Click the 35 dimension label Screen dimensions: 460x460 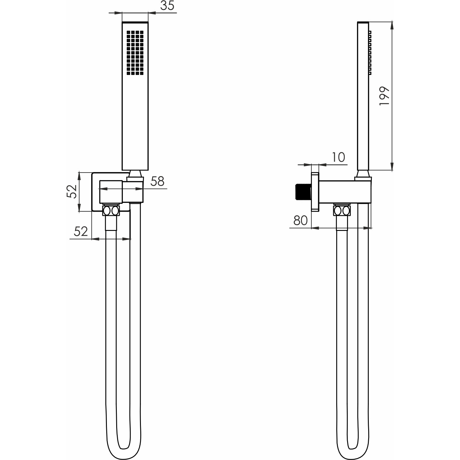pos(167,6)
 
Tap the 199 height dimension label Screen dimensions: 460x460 pos(384,96)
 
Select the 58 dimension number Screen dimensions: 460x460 pos(157,181)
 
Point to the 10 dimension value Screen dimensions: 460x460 pos(338,157)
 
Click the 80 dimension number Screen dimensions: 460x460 pos(300,221)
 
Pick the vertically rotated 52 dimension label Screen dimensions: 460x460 pos(72,191)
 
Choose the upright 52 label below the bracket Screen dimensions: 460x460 pos(81,231)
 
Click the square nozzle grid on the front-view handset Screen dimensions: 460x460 pos(135,53)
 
